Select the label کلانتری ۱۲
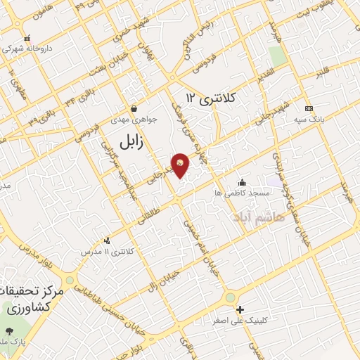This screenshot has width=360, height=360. pyautogui.click(x=218, y=99)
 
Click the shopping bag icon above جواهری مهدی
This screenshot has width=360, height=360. pyautogui.click(x=134, y=108)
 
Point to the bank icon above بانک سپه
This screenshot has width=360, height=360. pyautogui.click(x=309, y=108)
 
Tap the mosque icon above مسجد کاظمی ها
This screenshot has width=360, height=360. pyautogui.click(x=243, y=181)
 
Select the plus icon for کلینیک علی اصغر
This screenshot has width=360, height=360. pyautogui.click(x=240, y=309)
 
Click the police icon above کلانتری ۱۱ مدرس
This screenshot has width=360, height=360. pyautogui.click(x=107, y=240)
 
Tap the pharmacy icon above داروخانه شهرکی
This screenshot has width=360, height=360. pyautogui.click(x=27, y=39)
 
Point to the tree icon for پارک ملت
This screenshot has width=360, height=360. pyautogui.click(x=9, y=330)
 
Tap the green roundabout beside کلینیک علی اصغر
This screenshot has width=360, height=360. pyautogui.click(x=230, y=298)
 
